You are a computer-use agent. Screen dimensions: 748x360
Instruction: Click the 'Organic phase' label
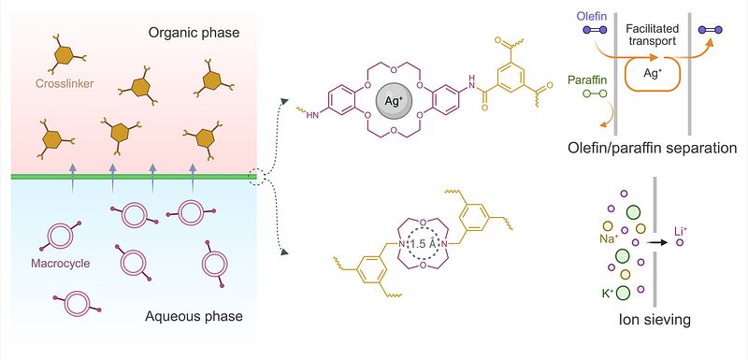[x=194, y=34]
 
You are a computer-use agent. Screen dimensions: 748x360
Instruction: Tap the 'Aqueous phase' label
[x=194, y=316]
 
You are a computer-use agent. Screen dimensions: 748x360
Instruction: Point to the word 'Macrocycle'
[x=60, y=263]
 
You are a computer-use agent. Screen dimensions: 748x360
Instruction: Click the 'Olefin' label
[x=591, y=17]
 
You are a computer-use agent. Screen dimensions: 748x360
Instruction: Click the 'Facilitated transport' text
[x=652, y=36]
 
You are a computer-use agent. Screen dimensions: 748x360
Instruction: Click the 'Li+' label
[x=681, y=232]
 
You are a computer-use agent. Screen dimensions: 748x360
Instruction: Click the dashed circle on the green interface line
[x=255, y=177]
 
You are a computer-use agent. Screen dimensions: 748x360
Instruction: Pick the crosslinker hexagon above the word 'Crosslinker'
[x=63, y=56]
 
